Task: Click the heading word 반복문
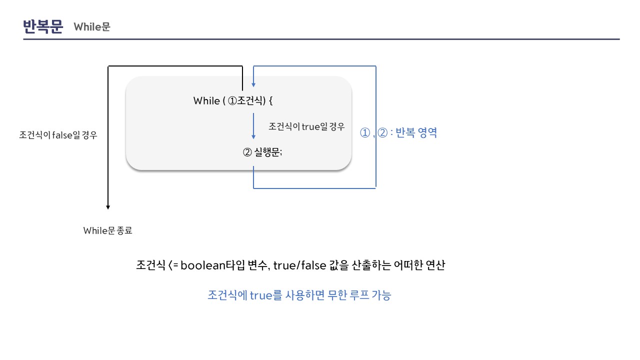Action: click(x=43, y=26)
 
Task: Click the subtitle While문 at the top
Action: click(x=92, y=27)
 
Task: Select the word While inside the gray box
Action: click(x=206, y=100)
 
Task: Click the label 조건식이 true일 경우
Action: click(x=306, y=126)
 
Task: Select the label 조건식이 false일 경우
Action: click(x=57, y=134)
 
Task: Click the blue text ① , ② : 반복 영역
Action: click(x=398, y=133)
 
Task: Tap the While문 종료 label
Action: click(x=107, y=230)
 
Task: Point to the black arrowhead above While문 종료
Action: click(x=108, y=206)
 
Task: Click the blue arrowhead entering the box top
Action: click(x=253, y=84)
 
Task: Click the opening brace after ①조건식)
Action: click(x=271, y=100)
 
